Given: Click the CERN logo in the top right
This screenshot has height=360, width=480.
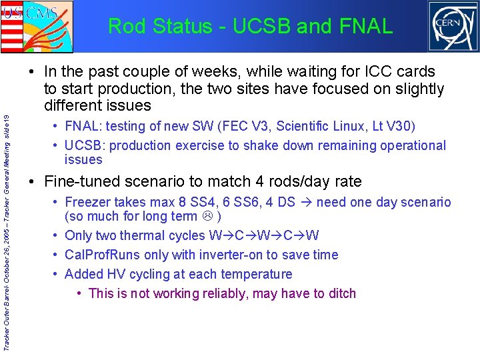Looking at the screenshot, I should (453, 26).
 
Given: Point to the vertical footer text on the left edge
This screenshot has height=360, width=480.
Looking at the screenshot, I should (7, 230).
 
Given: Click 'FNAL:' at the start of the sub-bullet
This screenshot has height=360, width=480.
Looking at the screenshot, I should (84, 126).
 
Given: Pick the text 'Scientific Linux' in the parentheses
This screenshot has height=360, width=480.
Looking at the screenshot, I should (323, 126).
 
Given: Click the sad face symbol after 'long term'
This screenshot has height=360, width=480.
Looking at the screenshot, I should (209, 217).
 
